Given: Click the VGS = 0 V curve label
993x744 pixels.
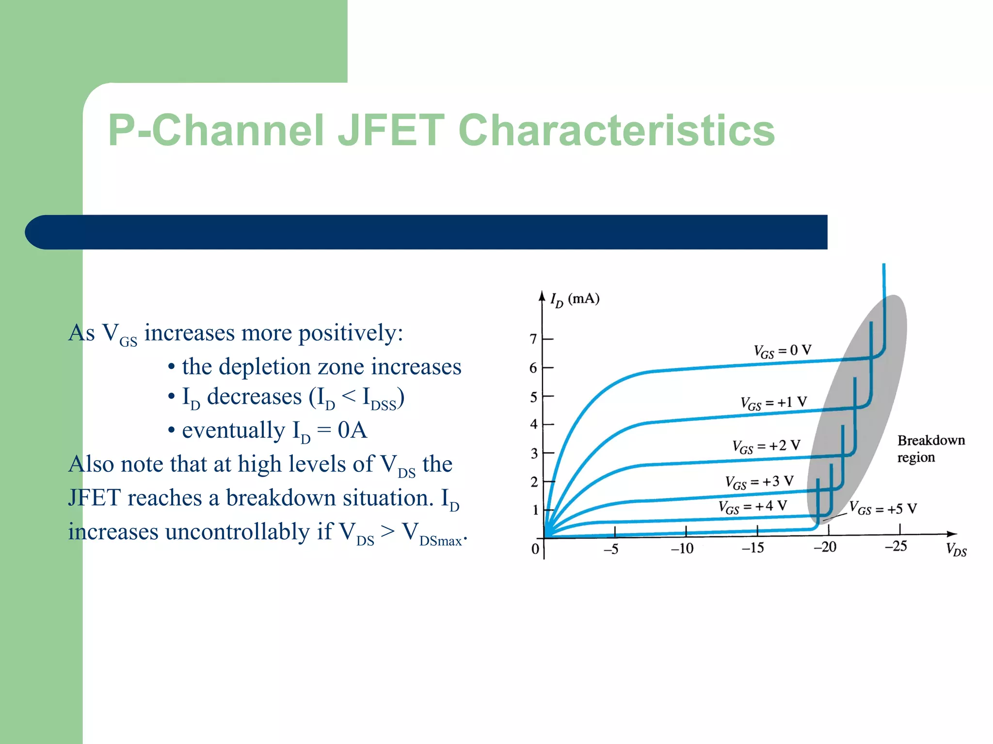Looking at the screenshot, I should (782, 351).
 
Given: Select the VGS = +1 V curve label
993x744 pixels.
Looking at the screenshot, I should (773, 403).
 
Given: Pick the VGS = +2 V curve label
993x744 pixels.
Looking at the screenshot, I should (766, 446).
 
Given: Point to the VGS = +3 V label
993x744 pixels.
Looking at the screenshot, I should (759, 482).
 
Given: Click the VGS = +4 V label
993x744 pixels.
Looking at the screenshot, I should (752, 507).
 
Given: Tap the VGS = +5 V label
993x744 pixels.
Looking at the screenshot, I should (883, 509).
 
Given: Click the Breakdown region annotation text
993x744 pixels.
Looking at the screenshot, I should (930, 449).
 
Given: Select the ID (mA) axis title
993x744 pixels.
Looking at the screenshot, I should (575, 299).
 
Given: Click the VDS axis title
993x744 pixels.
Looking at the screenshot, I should (956, 550).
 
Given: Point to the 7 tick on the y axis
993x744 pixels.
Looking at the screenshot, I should (533, 339).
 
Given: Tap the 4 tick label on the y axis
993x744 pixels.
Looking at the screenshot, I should (534, 424).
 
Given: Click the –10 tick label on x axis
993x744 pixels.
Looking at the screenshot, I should (682, 549).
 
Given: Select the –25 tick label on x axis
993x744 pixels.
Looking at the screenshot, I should (896, 547).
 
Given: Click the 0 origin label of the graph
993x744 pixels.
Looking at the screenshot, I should (535, 549).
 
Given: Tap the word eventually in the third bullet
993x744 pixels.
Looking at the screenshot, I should (233, 430).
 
